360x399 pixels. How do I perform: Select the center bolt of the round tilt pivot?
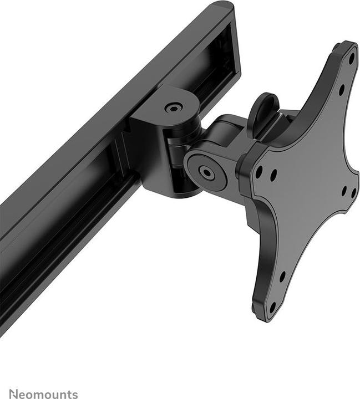point(207,173)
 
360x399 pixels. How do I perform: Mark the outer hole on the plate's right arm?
point(353,192)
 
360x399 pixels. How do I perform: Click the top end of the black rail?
point(222,7)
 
